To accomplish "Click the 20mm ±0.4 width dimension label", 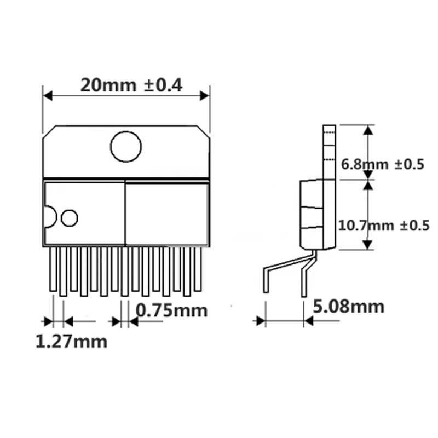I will [x=131, y=85].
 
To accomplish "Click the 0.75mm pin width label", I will [x=171, y=310].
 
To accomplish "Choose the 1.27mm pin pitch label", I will [x=71, y=342].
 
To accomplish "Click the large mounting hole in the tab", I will [x=126, y=146].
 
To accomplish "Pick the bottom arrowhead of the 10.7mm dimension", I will [x=368, y=246].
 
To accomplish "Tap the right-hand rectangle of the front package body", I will [x=167, y=214].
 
